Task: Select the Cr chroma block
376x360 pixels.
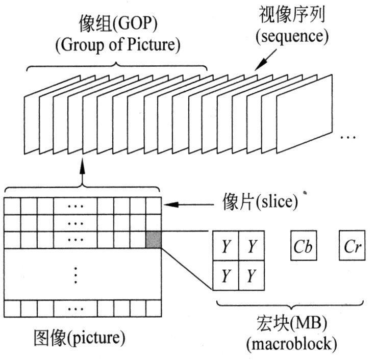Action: click(x=353, y=247)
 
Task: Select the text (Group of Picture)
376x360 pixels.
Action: click(x=117, y=45)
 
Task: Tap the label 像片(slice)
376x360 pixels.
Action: click(x=260, y=202)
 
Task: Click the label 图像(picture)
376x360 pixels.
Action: click(x=79, y=338)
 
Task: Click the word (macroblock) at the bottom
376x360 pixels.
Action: click(x=291, y=344)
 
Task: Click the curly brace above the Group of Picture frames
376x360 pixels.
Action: click(x=117, y=66)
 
